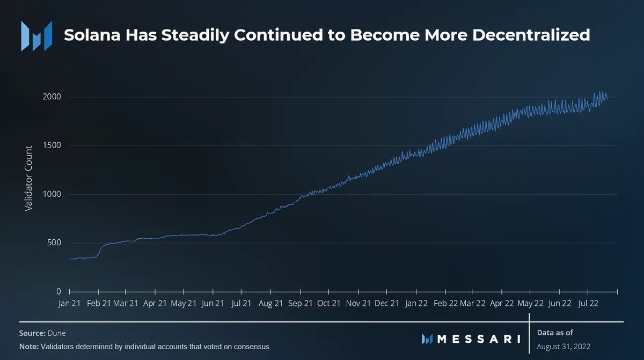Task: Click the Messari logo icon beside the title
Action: click(36, 36)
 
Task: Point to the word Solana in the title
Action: click(90, 35)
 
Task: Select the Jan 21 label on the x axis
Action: click(70, 303)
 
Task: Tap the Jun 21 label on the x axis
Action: click(213, 303)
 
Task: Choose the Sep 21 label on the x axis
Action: click(301, 303)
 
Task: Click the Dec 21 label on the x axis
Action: click(387, 303)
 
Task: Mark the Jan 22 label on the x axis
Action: click(416, 303)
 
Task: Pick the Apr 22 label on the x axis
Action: click(502, 303)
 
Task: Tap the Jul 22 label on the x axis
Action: click(589, 303)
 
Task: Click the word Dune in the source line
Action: click(56, 333)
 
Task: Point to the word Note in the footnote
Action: click(28, 347)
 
